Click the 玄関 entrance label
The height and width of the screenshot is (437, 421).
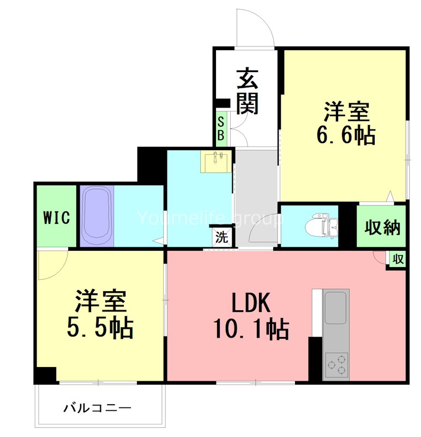247,91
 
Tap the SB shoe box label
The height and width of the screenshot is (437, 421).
221,128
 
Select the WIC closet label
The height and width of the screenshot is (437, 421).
57,218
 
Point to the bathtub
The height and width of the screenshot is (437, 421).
97,216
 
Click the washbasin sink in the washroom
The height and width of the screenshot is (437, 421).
216,161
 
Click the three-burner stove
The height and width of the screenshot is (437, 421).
336,364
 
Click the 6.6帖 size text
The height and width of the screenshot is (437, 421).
346,134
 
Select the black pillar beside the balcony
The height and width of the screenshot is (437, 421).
45,375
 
